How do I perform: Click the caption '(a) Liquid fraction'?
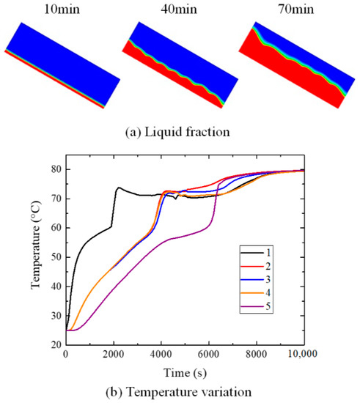[x=180, y=133]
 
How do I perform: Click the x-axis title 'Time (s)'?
[x=183, y=373]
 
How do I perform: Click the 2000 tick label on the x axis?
[x=113, y=358]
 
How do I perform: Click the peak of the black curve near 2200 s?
[x=119, y=187]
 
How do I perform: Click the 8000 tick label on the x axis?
[x=256, y=358]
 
